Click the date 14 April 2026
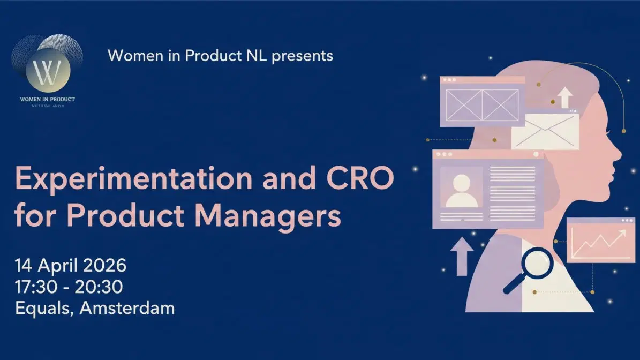tap(71, 265)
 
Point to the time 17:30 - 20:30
tap(69, 287)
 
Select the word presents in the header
tap(302, 55)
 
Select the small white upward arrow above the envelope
tap(564, 98)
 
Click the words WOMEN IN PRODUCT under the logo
tap(48, 99)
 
